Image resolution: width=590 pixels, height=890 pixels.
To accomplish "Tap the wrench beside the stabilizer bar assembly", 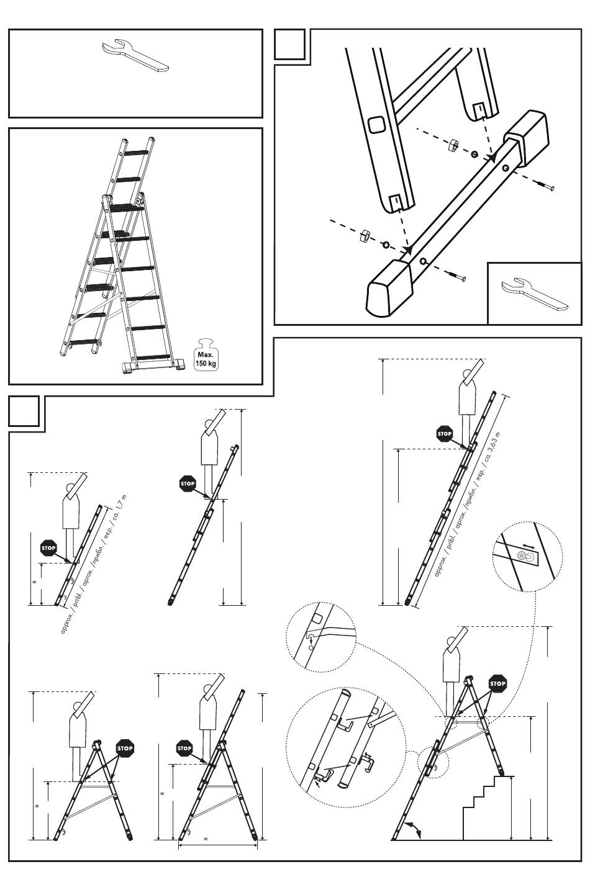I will click(x=535, y=292).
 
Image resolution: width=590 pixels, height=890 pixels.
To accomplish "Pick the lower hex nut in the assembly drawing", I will click(x=365, y=235).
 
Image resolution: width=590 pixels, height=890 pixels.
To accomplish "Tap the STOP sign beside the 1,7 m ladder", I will click(x=48, y=547).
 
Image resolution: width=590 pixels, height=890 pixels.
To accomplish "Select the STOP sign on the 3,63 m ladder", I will click(x=445, y=434).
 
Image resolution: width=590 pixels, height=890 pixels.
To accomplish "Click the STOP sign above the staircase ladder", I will click(x=497, y=683).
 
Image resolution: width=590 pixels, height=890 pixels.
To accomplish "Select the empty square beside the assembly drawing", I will click(x=289, y=44).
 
